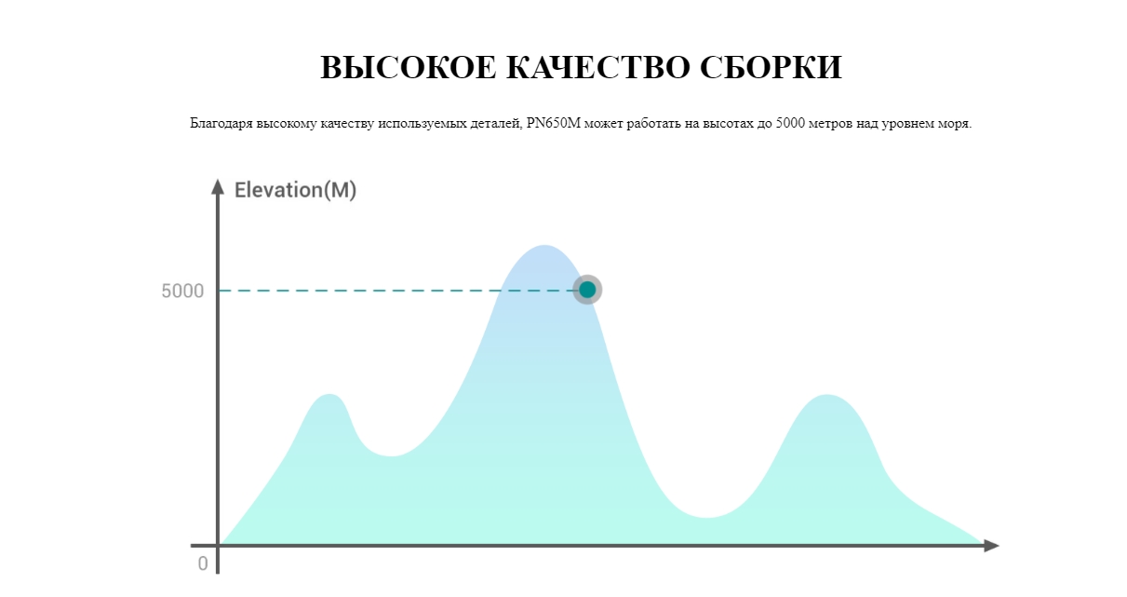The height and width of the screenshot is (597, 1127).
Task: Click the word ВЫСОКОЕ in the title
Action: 408,67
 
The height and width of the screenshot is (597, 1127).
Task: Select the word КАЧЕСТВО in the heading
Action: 598,67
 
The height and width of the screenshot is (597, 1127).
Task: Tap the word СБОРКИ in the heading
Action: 771,67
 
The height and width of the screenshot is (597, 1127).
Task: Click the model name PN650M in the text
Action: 554,123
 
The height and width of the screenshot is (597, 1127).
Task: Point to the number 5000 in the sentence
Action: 790,123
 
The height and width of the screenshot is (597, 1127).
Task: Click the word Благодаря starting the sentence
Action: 221,124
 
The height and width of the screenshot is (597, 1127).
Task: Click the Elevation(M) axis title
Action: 295,190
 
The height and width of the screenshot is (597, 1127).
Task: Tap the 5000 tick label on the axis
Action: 182,291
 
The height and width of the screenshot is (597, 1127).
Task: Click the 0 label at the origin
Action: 203,563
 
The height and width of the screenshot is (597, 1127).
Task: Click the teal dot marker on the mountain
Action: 587,290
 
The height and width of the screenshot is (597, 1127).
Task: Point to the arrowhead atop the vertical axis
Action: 218,187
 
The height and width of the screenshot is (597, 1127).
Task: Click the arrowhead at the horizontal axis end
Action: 991,546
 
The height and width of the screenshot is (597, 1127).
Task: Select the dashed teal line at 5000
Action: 396,291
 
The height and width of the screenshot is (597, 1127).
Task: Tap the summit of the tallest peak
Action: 543,246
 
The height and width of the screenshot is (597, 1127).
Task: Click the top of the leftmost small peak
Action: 329,394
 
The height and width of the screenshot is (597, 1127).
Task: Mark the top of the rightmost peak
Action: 827,395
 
